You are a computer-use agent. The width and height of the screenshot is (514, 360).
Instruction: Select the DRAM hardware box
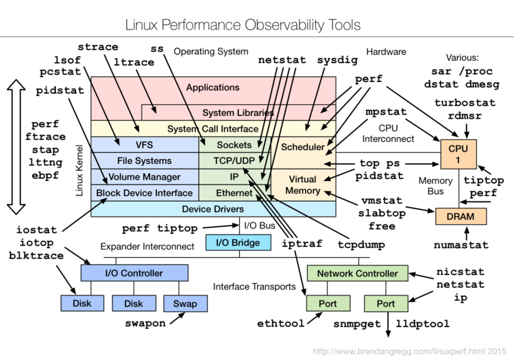tap(461, 216)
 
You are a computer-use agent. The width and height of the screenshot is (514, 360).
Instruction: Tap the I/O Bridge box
tap(232, 242)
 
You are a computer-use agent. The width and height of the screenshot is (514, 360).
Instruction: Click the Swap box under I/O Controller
tap(184, 302)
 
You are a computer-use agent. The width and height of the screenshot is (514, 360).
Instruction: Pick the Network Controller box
tap(357, 273)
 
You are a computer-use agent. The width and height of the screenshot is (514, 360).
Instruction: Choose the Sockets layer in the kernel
tap(234, 145)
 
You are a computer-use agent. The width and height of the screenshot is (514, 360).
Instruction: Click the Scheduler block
tap(303, 147)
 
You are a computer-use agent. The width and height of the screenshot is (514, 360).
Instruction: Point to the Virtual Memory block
tap(303, 184)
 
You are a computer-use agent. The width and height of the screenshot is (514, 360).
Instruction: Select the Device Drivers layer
tap(212, 208)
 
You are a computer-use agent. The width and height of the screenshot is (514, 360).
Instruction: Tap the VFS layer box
tap(145, 145)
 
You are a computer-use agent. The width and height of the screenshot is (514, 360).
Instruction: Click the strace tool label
tap(98, 47)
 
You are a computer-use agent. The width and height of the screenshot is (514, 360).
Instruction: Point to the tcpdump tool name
tap(342, 244)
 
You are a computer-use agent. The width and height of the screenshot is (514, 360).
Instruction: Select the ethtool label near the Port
tap(280, 323)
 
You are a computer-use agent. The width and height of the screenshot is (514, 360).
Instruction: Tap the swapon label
tap(145, 323)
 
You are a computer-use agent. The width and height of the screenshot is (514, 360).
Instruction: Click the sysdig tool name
tap(337, 60)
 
